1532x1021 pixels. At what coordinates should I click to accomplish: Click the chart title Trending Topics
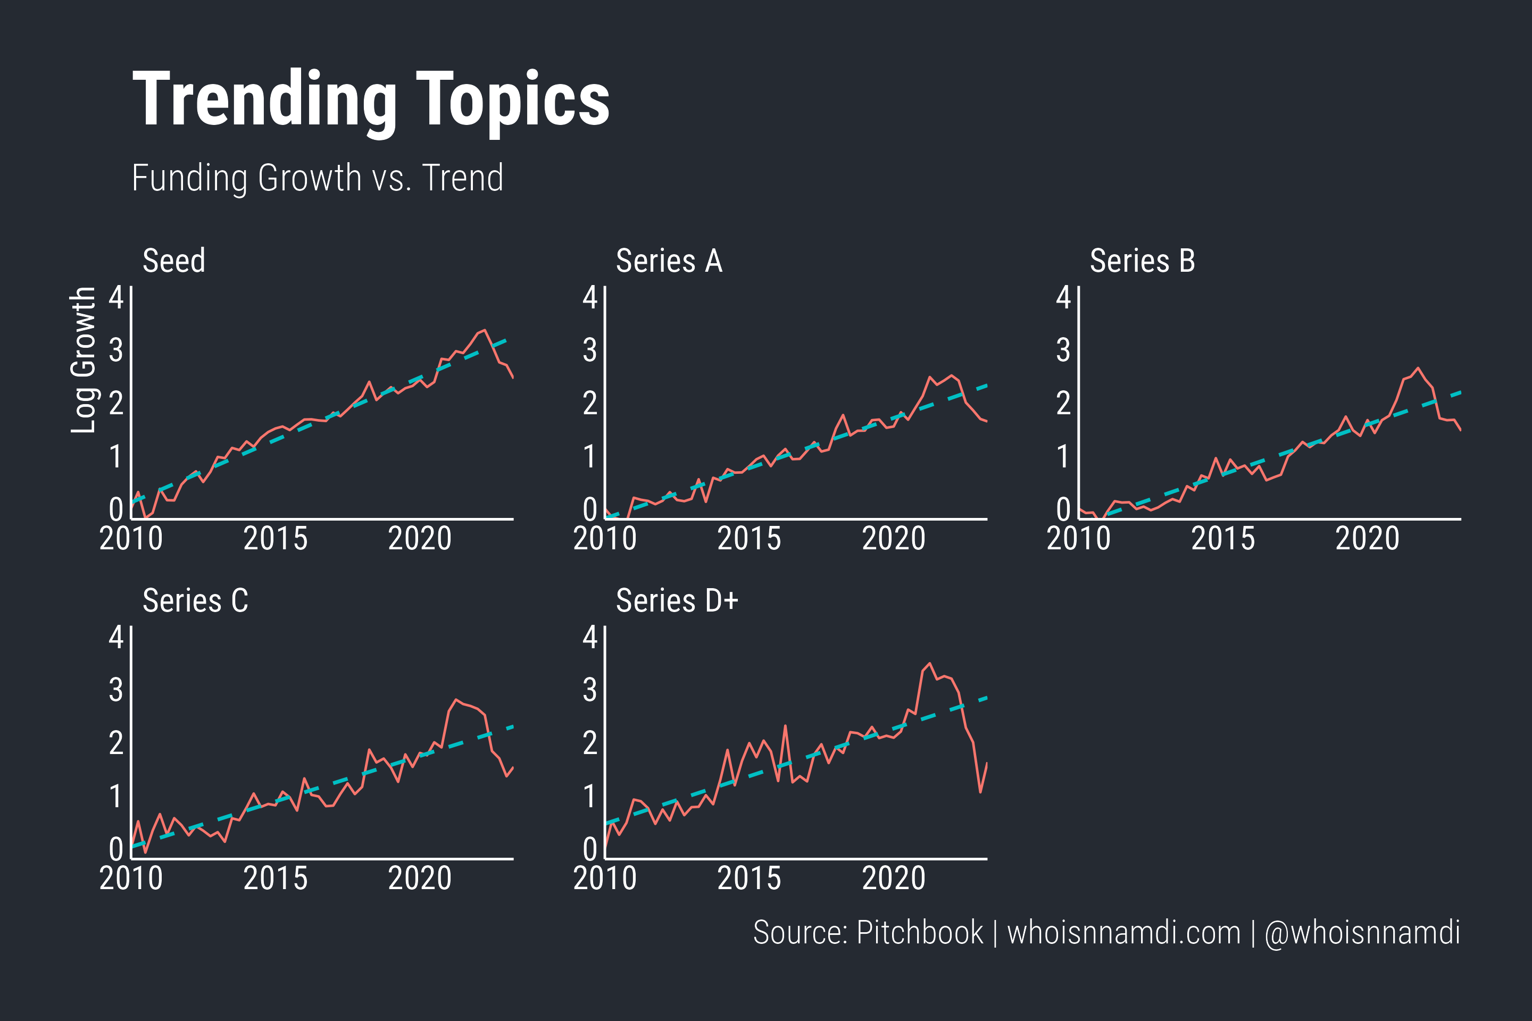tap(371, 99)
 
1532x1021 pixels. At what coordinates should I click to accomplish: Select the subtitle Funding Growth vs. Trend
tap(317, 178)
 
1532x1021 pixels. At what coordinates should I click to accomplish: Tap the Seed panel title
tap(174, 261)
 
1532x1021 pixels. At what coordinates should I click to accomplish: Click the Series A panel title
tap(669, 261)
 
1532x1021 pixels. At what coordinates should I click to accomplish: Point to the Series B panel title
tap(1143, 261)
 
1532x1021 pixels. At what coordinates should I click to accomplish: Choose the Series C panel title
tap(195, 601)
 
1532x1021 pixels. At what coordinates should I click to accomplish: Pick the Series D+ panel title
tap(677, 601)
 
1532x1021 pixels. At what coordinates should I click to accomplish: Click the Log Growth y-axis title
tap(84, 360)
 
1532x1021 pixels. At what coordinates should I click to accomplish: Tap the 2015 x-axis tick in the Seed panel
tap(275, 539)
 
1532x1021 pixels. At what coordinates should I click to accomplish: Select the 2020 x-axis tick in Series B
tap(1367, 539)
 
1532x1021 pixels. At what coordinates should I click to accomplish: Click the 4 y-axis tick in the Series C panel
tap(116, 638)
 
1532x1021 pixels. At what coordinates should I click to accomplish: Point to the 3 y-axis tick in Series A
tap(589, 351)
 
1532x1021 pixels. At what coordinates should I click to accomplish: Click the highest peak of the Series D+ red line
tap(929, 664)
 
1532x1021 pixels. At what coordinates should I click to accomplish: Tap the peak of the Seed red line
tap(484, 330)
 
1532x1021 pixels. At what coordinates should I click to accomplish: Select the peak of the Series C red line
tap(456, 699)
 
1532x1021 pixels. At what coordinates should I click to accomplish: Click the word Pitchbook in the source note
tap(919, 932)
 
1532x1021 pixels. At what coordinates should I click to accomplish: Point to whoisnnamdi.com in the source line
tap(1123, 932)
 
